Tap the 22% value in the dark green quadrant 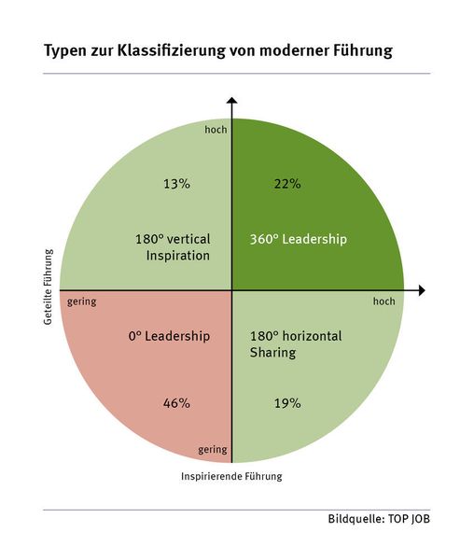point(287,184)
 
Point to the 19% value point(287,403)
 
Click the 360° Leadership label point(298,239)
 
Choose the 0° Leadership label point(168,336)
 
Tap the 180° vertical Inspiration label point(173,246)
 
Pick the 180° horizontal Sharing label point(296,343)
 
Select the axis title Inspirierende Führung point(230,476)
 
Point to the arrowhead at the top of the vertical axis point(231,101)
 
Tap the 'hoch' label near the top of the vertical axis point(216,130)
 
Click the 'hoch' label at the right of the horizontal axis point(383,302)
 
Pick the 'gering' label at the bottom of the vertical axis point(213,450)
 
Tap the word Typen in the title point(66,51)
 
